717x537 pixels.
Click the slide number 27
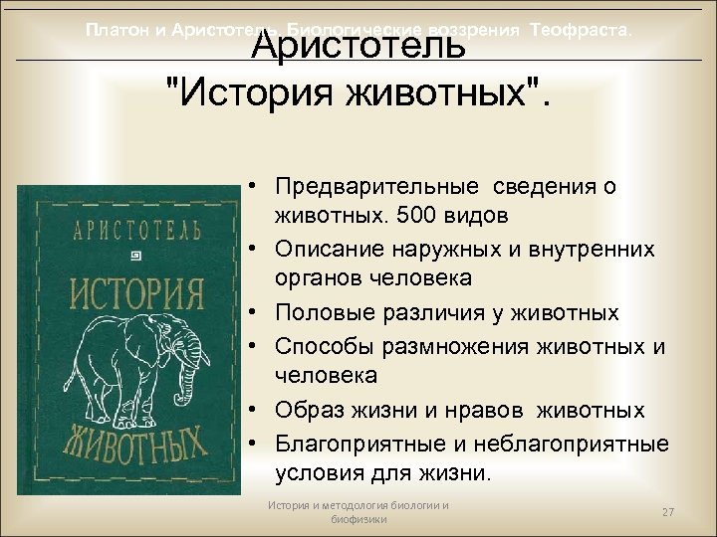tap(668, 512)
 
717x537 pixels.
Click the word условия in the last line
tap(320, 473)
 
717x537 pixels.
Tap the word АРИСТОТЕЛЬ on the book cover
tap(136, 232)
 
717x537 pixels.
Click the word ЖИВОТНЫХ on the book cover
tap(136, 443)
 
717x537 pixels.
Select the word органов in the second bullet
tap(316, 279)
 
